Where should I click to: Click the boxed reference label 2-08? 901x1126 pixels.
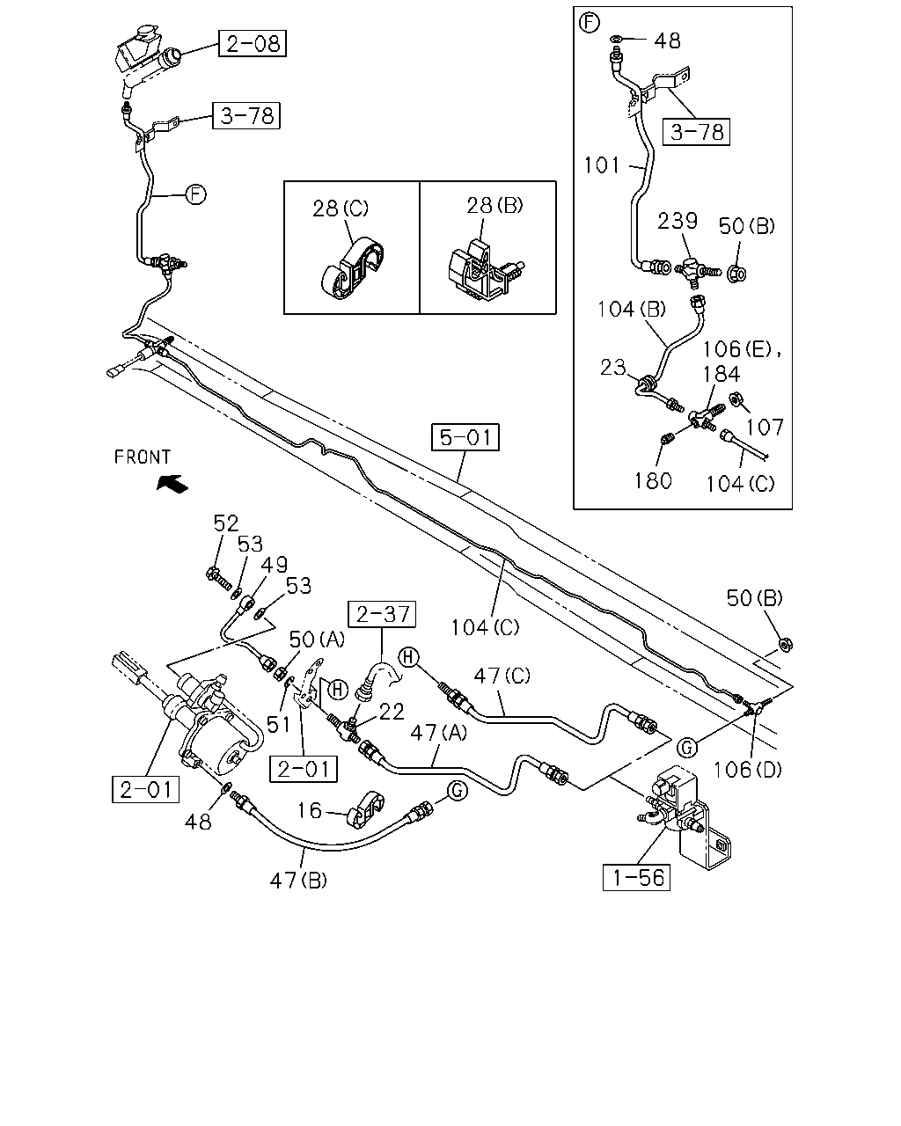[253, 43]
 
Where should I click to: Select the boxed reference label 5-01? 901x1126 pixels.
[465, 437]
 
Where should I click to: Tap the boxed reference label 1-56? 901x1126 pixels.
[636, 877]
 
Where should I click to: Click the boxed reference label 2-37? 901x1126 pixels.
[382, 614]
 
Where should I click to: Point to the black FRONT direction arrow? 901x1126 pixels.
[172, 483]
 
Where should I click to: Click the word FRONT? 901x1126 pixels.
[143, 457]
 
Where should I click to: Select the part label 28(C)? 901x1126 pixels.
[341, 208]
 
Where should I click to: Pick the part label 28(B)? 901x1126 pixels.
[494, 206]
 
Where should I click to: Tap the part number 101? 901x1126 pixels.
[602, 165]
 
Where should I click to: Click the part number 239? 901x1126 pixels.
[678, 221]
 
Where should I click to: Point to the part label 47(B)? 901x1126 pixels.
[298, 881]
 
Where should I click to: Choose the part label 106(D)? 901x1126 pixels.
[748, 769]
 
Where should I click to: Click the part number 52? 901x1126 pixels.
[225, 523]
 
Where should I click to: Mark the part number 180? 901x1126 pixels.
[653, 481]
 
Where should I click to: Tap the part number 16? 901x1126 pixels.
[309, 810]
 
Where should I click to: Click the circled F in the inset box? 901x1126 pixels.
[590, 23]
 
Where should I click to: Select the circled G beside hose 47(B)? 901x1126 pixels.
[458, 791]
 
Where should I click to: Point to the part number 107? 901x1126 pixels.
[765, 428]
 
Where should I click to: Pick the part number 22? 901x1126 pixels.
[392, 712]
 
